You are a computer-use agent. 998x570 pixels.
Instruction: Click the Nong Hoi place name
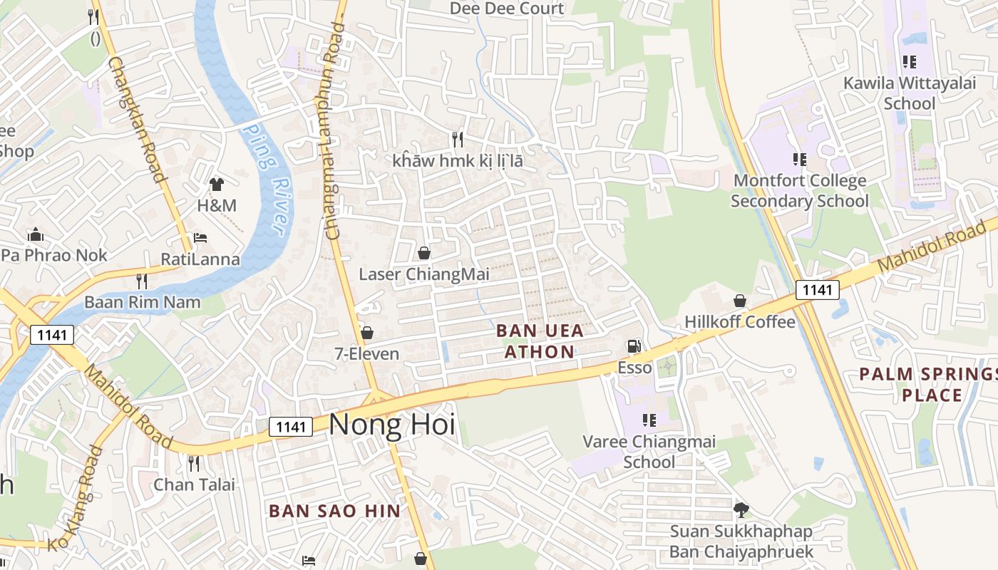point(391,425)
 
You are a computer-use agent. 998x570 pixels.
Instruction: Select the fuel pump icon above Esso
point(633,347)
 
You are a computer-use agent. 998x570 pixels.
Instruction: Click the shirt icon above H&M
point(217,185)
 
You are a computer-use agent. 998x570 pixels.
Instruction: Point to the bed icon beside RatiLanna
point(200,238)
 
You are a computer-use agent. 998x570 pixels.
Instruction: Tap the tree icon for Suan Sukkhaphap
point(741,509)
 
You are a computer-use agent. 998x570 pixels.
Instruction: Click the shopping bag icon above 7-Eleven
point(367,333)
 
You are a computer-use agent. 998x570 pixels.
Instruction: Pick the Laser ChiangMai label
point(414,274)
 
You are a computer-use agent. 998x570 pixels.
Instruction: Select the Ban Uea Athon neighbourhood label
point(539,341)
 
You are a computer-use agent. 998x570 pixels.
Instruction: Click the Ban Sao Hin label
point(334,511)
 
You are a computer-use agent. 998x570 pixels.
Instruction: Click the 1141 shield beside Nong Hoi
point(291,427)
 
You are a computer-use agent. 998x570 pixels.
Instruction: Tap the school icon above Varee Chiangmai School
point(649,420)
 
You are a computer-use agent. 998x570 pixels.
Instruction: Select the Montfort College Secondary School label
point(799,191)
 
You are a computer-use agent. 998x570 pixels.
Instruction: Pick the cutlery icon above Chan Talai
point(194,464)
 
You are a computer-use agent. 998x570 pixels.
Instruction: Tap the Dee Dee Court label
point(507,9)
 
